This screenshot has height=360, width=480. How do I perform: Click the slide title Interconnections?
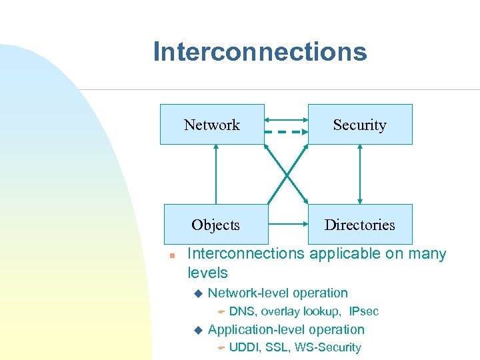pyautogui.click(x=259, y=51)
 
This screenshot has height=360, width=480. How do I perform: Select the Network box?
pyautogui.click(x=212, y=125)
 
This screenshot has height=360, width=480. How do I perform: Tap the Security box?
pyautogui.click(x=359, y=125)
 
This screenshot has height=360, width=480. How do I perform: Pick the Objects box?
pyautogui.click(x=215, y=225)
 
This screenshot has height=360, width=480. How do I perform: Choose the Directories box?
pyautogui.click(x=359, y=225)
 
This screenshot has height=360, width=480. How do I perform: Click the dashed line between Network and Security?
pyautogui.click(x=286, y=132)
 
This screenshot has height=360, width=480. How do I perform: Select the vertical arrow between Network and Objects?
pyautogui.click(x=215, y=174)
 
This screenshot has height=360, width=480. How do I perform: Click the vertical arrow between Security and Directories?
pyautogui.click(x=360, y=174)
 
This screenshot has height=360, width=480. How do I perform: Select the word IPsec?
pyautogui.click(x=363, y=311)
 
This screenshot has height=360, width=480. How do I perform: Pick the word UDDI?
pyautogui.click(x=245, y=347)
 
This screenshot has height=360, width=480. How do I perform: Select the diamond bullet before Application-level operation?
pyautogui.click(x=197, y=329)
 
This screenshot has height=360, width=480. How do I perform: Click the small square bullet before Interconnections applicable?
pyautogui.click(x=171, y=255)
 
